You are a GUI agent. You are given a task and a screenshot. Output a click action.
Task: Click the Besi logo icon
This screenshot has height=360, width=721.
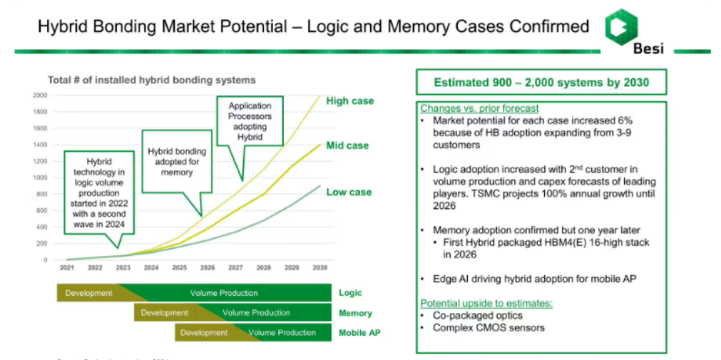619,26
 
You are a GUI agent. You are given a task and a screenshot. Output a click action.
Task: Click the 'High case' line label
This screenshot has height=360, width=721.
349,101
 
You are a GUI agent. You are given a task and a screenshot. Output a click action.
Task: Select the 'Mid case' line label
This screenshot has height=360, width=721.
347,145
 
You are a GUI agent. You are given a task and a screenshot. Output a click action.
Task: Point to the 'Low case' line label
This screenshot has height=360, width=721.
349,192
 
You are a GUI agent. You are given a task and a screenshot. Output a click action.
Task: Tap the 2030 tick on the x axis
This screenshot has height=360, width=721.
319,268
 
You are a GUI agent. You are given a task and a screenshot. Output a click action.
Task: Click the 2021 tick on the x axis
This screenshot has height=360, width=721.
68,268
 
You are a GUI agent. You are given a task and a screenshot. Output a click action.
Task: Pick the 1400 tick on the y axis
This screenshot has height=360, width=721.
39,145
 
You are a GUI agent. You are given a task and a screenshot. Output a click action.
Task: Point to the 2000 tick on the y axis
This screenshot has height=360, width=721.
39,95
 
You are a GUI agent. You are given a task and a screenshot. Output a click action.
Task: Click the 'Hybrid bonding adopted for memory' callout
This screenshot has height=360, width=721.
177,162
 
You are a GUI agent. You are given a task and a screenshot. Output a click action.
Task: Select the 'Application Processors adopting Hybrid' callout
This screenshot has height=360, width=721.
250,121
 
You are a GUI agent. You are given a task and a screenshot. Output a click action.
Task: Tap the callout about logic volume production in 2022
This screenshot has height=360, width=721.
99,193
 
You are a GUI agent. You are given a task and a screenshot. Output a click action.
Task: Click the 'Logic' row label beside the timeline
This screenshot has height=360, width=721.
350,293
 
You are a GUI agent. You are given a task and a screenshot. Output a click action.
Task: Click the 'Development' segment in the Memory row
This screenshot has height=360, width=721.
164,313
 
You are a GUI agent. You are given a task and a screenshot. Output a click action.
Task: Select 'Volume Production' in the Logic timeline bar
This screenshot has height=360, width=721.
224,293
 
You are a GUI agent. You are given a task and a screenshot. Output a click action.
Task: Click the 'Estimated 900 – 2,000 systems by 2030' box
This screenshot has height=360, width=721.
541,83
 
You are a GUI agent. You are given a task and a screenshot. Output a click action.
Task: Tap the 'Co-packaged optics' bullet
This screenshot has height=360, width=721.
477,315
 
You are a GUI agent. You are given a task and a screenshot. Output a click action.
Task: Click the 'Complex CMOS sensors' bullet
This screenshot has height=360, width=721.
489,328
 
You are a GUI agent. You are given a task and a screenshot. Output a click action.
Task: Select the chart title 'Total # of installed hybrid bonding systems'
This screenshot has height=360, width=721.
151,80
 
